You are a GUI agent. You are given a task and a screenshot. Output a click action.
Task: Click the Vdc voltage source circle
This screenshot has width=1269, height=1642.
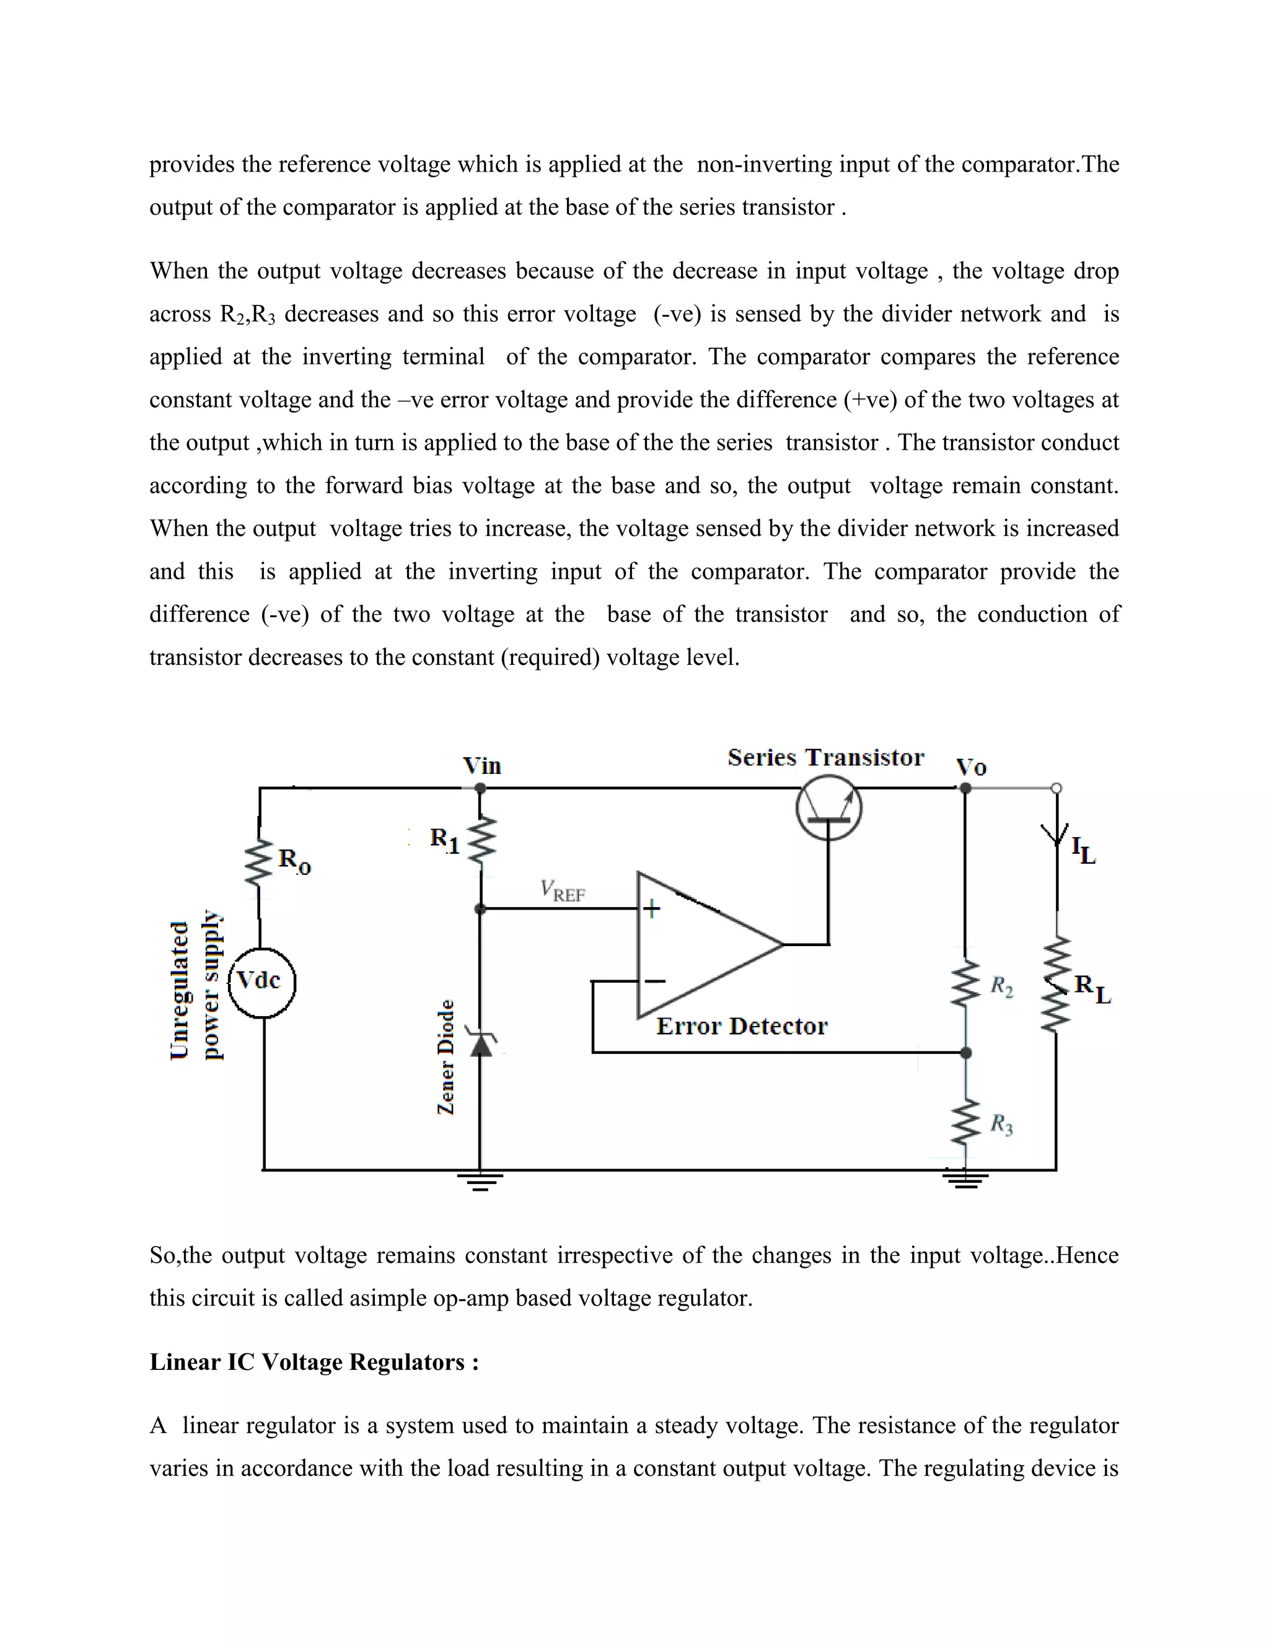261,983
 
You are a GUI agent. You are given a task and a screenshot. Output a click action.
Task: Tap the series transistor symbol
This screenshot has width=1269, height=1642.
828,809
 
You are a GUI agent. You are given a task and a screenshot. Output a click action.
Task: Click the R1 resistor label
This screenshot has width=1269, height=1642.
444,840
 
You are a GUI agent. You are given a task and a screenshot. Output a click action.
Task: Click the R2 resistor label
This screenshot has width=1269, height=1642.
1001,986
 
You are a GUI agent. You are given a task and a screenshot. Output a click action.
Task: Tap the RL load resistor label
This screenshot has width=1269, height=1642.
1092,989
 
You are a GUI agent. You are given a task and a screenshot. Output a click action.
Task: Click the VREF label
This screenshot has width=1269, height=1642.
563,891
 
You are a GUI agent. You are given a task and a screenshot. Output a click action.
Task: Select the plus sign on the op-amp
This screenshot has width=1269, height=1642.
652,909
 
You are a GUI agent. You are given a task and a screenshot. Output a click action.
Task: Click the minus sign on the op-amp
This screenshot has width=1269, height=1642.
654,980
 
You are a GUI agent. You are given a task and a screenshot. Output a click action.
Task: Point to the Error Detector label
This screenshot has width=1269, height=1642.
741,1026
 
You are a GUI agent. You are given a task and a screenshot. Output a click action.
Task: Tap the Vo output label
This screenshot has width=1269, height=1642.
970,768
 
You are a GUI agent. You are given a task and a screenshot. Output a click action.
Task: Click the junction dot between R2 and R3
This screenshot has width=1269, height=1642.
966,1053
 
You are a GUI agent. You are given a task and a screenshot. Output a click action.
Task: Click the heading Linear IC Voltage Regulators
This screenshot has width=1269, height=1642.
314,1363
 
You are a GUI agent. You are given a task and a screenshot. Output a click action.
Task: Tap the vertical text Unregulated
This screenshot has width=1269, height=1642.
180,990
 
